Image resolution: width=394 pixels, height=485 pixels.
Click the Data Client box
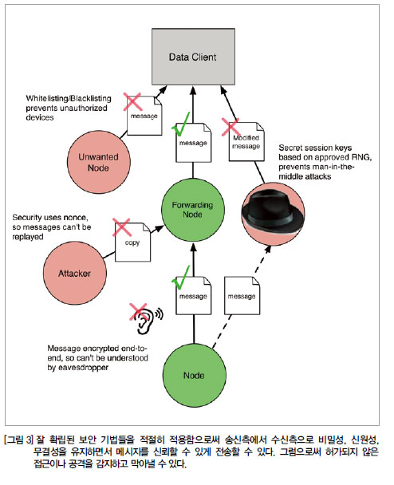pos(193,57)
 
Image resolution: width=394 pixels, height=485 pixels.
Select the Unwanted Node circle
pos(99,162)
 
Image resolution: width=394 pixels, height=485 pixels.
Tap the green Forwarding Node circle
pos(193,210)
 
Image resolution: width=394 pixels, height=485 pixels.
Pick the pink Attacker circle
pos(75,273)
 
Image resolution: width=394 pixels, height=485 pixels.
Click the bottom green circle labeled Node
pos(195,375)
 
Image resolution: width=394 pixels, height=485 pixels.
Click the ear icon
pos(147,321)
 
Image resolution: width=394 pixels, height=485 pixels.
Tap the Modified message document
pos(246,142)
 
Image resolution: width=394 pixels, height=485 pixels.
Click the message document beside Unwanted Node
pos(144,116)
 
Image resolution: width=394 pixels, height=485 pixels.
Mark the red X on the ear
pos(138,312)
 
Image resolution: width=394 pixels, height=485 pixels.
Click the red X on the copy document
pos(121,227)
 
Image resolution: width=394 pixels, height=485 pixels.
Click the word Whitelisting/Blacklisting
pos(69,99)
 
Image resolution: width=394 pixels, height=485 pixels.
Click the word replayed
pos(28,237)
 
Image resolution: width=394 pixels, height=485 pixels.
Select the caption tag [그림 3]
pos(18,440)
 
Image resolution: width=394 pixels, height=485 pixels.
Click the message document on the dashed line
pos(242,296)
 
